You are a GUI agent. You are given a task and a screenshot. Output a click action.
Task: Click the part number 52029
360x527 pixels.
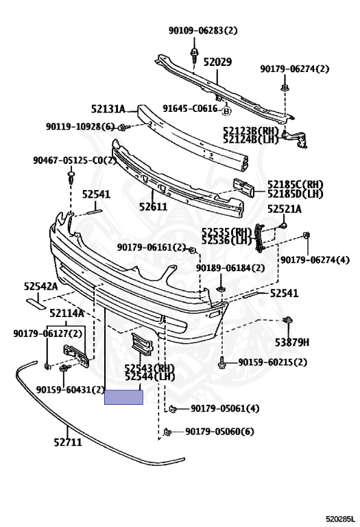click(x=217, y=62)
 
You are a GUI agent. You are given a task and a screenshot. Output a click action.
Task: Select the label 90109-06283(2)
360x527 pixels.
click(x=203, y=31)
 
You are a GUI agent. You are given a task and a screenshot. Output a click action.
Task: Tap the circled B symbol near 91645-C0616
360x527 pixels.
click(x=227, y=111)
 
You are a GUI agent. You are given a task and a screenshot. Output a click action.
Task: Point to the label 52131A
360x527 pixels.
click(x=108, y=109)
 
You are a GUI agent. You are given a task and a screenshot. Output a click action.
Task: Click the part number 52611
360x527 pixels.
click(x=153, y=207)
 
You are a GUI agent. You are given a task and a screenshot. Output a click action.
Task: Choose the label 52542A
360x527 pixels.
click(x=40, y=286)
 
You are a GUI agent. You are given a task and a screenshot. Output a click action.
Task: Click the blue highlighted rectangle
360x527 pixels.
click(x=123, y=397)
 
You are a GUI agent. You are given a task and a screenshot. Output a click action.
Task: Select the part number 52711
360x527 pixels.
click(x=68, y=443)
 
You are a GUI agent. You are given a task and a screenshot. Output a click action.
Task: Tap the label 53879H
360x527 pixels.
click(x=292, y=342)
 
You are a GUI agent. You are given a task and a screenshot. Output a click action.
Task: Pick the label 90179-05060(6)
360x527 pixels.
click(x=219, y=431)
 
